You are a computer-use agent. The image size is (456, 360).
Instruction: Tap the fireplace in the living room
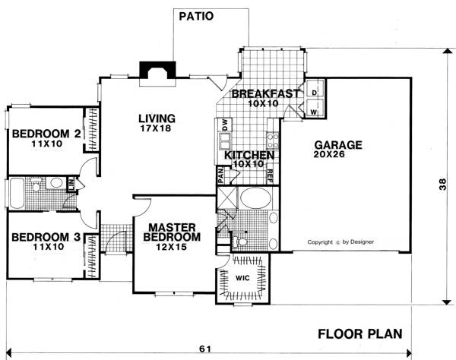point(157,71)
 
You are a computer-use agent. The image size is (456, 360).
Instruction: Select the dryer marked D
point(315,89)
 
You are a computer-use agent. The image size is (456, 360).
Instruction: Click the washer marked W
point(315,108)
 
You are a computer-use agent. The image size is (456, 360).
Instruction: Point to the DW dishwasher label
point(226,125)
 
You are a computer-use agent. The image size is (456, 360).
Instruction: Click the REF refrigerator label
point(269,176)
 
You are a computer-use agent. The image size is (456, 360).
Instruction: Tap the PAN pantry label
point(220,175)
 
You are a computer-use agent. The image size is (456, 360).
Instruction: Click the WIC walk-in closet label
point(242,278)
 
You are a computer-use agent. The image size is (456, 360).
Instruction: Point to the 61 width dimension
point(205,349)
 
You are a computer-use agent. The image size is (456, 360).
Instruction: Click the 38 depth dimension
point(442,184)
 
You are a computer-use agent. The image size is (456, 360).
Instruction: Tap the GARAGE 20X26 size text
point(329,154)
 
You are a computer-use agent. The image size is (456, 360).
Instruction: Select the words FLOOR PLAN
point(360,334)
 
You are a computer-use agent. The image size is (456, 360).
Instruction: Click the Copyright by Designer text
point(340,242)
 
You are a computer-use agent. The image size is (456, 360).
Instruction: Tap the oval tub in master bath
point(255,198)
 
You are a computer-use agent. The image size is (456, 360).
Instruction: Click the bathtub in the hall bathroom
point(17,193)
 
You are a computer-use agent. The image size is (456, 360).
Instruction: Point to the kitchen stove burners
point(273,141)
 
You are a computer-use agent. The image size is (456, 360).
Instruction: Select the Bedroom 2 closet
point(92,130)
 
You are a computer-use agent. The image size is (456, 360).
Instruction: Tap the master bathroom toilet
point(239,241)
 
